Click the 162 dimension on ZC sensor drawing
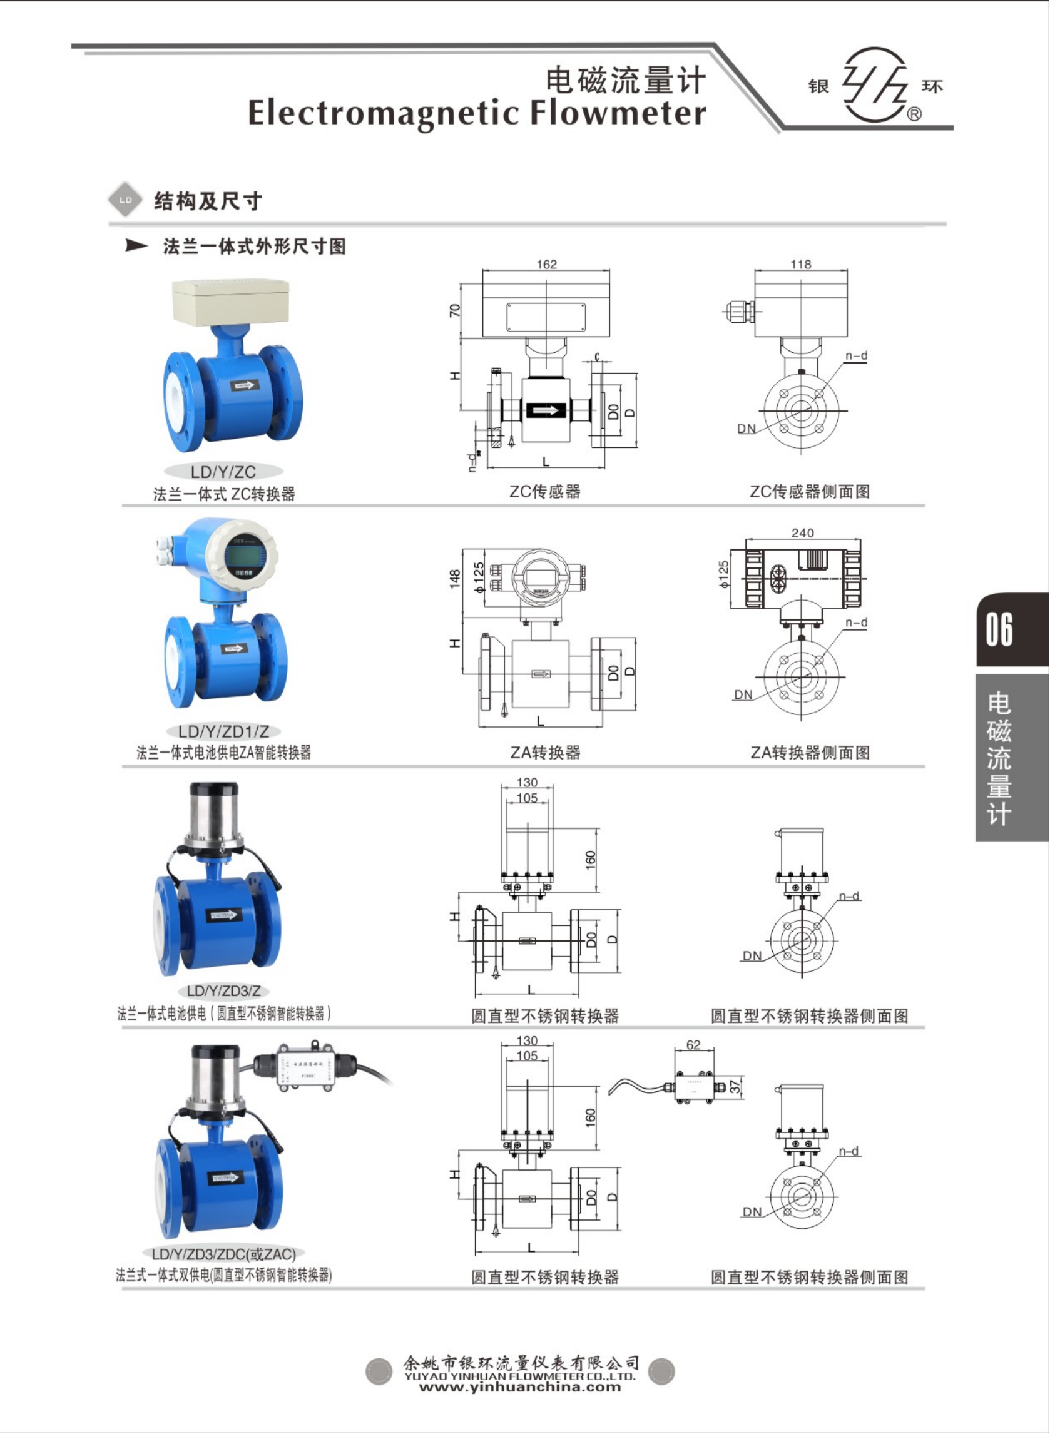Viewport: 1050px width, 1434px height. tap(546, 264)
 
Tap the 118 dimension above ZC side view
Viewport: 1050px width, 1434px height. tap(800, 264)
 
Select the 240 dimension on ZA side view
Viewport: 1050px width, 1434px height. tap(802, 532)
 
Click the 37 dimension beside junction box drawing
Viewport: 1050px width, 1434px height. tap(735, 1087)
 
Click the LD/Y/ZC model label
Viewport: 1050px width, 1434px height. tap(223, 472)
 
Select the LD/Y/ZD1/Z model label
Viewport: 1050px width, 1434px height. tap(223, 731)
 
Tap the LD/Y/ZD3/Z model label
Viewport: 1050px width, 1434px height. tap(223, 990)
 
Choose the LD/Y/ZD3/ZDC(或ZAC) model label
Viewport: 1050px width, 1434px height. tap(223, 1254)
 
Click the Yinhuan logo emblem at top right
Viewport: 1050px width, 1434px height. tap(875, 84)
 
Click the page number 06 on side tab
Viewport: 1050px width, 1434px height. tap(999, 629)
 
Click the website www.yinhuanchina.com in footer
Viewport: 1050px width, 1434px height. tap(520, 1386)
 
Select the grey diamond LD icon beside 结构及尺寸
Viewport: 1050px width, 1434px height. tap(126, 200)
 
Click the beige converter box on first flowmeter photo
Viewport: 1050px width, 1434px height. tap(230, 300)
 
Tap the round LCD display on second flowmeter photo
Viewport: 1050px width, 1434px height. tap(243, 555)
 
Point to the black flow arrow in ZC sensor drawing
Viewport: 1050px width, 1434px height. tap(546, 410)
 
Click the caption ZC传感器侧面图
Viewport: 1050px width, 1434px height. tap(809, 491)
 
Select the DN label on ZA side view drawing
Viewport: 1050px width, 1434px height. tap(742, 694)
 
